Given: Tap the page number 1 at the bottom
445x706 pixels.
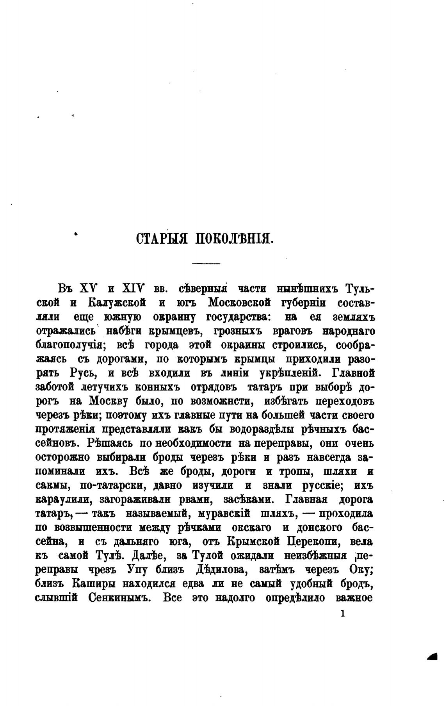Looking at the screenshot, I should click(x=343, y=614).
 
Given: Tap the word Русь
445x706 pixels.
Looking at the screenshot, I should click(x=83, y=374).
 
